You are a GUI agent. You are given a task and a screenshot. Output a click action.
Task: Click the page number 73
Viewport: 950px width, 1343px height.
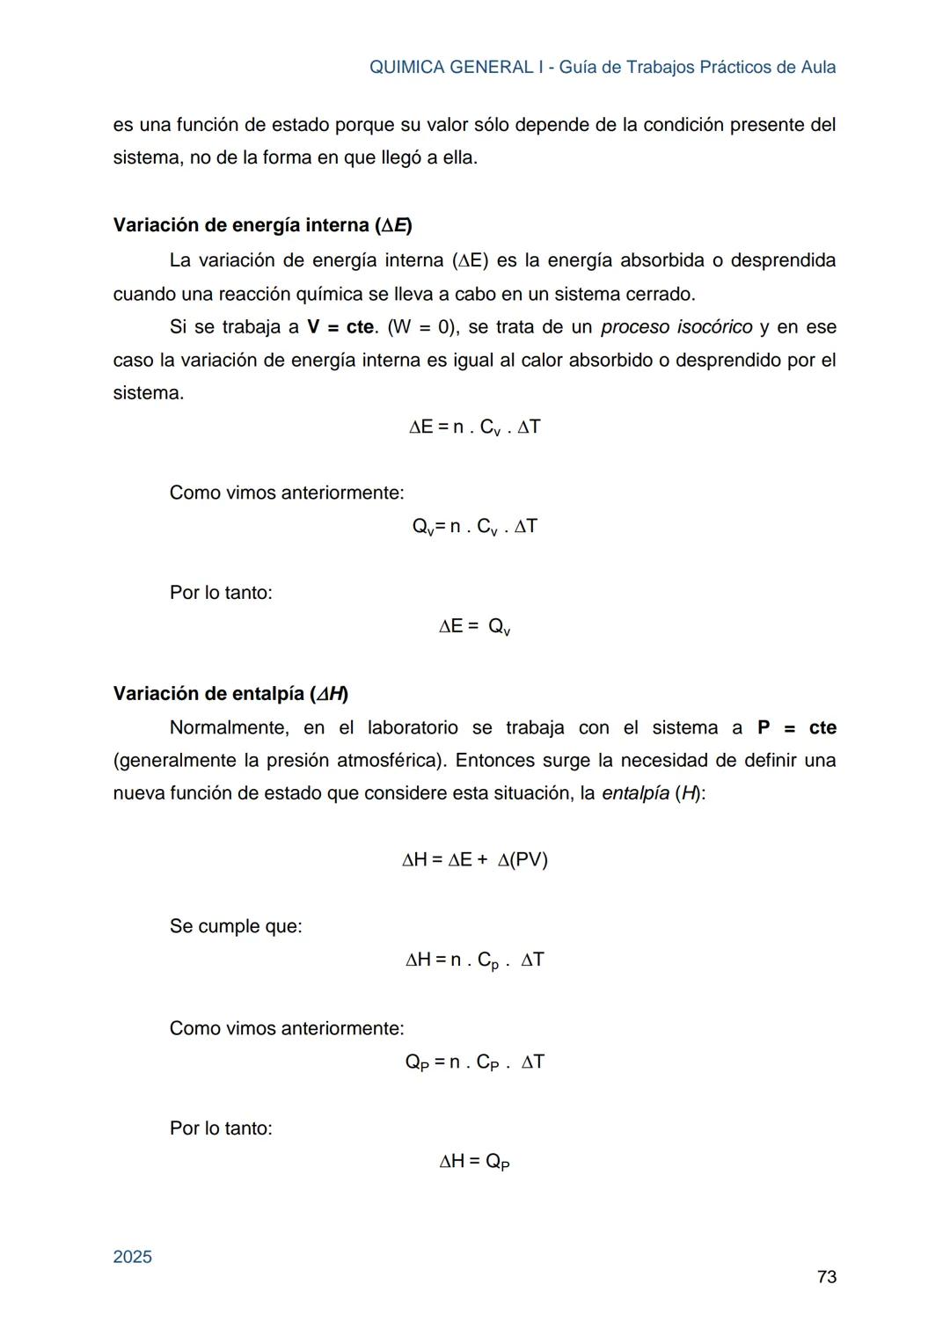tap(826, 1277)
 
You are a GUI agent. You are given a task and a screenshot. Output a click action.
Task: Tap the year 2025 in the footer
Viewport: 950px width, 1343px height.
tap(133, 1257)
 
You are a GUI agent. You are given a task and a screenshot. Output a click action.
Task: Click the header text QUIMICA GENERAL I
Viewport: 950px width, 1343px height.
tap(451, 67)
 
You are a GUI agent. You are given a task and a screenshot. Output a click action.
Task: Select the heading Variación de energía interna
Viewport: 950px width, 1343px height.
tap(262, 225)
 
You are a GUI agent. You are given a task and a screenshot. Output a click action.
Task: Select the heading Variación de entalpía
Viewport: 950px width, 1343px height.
tap(230, 694)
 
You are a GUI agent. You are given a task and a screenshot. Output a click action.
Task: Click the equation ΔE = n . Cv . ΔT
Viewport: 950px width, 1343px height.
tap(475, 427)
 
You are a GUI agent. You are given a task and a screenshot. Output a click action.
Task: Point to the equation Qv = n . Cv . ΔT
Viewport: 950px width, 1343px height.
tap(475, 527)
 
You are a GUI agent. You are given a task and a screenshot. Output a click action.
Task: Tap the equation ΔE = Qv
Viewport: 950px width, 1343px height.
tap(475, 627)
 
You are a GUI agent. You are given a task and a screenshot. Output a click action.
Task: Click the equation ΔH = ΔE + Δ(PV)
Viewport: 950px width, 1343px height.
tap(475, 860)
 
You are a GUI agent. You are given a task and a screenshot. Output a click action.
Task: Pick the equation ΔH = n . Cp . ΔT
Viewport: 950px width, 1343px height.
tap(475, 960)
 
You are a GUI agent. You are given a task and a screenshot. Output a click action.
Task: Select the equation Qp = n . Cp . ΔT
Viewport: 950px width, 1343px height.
tap(475, 1062)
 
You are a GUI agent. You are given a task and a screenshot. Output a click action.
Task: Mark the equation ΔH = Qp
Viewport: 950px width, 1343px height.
tap(475, 1162)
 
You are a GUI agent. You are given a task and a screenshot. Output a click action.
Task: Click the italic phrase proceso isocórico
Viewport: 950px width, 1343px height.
tap(676, 327)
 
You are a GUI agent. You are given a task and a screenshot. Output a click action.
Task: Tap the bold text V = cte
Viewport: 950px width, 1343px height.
tap(341, 327)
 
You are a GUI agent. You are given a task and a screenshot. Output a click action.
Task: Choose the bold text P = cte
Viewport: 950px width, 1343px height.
tap(796, 728)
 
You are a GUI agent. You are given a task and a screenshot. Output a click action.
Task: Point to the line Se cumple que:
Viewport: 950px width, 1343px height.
tap(236, 926)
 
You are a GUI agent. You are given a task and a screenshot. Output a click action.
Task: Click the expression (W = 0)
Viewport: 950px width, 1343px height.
tap(423, 327)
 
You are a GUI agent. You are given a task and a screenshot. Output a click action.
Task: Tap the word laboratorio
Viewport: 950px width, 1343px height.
tap(413, 728)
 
